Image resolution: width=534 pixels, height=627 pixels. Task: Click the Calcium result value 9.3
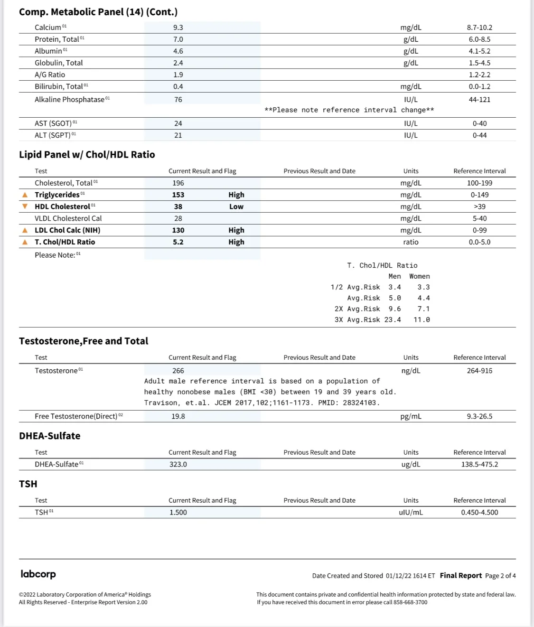(x=178, y=28)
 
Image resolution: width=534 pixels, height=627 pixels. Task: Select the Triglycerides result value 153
(x=178, y=195)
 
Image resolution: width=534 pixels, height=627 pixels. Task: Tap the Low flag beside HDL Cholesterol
(x=236, y=206)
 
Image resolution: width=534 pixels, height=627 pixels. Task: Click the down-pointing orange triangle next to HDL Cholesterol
(x=25, y=206)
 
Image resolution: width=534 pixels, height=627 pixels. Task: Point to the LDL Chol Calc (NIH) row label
(x=67, y=230)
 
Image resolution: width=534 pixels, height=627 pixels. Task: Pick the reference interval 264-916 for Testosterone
(x=479, y=371)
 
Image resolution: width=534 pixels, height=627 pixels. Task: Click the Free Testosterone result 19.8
(x=178, y=416)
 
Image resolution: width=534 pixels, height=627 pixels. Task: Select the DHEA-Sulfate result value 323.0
(x=178, y=464)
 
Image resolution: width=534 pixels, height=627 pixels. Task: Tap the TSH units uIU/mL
(x=411, y=512)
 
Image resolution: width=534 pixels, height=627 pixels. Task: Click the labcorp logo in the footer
(x=38, y=574)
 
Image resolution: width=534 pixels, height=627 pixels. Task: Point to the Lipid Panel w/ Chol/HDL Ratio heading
(x=87, y=155)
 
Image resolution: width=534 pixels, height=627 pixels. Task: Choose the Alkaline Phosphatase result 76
(x=178, y=100)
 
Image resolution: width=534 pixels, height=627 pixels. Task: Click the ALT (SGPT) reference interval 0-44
(x=479, y=135)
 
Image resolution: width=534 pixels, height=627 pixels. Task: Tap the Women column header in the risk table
(x=420, y=276)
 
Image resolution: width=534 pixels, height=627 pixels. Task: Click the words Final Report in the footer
(x=460, y=575)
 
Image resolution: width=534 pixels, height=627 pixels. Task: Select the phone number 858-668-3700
(x=410, y=602)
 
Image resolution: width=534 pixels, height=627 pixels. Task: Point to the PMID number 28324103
(x=359, y=403)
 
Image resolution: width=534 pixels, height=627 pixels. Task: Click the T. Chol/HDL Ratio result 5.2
(x=178, y=242)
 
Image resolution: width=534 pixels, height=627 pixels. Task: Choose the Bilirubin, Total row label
(x=58, y=87)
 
